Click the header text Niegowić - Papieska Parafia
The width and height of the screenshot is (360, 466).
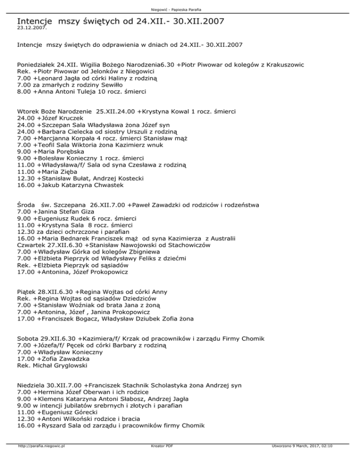(180, 10)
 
